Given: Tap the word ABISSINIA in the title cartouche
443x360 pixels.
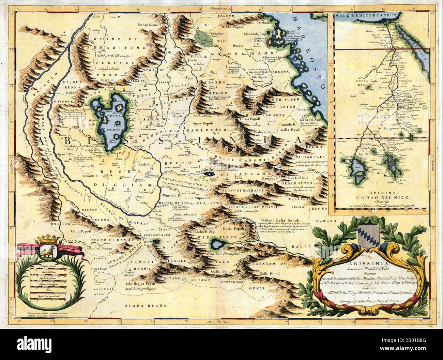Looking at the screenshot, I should point(365,258).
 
